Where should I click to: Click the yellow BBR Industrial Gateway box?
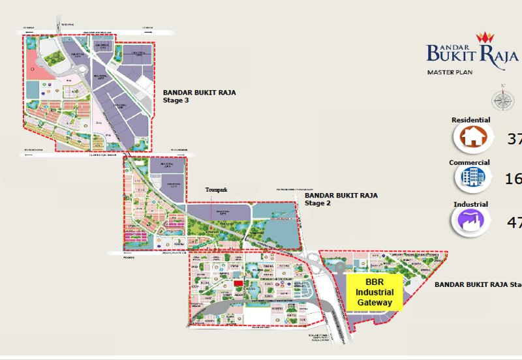pos(374,292)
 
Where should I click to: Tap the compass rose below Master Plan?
pos(502,100)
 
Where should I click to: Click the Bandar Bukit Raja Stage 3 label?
pos(199,97)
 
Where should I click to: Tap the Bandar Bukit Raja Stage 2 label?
pos(341,199)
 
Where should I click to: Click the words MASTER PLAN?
pos(450,72)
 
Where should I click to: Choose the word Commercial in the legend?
pos(469,162)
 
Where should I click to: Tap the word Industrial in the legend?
pos(470,204)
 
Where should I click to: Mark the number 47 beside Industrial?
pos(514,222)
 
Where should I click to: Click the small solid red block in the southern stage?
pos(238,282)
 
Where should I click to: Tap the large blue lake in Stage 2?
pos(277,228)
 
